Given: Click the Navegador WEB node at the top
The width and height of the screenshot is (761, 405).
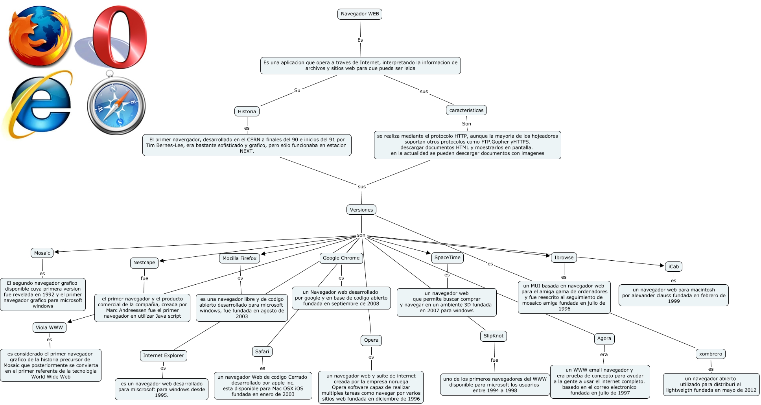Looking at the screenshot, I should click(360, 14).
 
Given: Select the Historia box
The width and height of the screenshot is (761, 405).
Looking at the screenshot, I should click(247, 112).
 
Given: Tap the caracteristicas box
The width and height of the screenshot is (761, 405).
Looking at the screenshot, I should click(466, 110).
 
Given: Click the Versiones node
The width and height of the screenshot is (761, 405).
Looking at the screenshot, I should click(361, 210).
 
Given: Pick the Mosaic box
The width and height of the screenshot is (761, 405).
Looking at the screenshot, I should click(42, 253).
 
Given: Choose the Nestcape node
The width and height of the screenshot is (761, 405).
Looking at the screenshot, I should click(144, 263).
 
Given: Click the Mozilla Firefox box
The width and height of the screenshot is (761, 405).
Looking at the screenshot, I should click(239, 258).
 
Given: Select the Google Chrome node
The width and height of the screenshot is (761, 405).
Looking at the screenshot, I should click(341, 258).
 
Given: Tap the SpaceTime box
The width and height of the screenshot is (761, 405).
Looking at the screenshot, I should click(447, 258).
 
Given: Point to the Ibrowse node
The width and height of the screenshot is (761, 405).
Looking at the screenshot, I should click(564, 258).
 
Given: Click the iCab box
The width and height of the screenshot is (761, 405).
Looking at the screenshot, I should click(673, 267).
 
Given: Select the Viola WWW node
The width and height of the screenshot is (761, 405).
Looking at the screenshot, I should click(49, 328).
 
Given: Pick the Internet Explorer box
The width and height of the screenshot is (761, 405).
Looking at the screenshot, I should click(163, 355).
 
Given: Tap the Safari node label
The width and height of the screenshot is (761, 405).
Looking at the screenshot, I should click(262, 352).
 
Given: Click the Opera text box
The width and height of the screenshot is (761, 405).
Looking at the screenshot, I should click(371, 340).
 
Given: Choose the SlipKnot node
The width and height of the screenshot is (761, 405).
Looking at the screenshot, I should click(493, 336).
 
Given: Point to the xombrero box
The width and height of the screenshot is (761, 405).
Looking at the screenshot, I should click(710, 354).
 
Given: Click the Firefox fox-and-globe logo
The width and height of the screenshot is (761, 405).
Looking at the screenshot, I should click(40, 36).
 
